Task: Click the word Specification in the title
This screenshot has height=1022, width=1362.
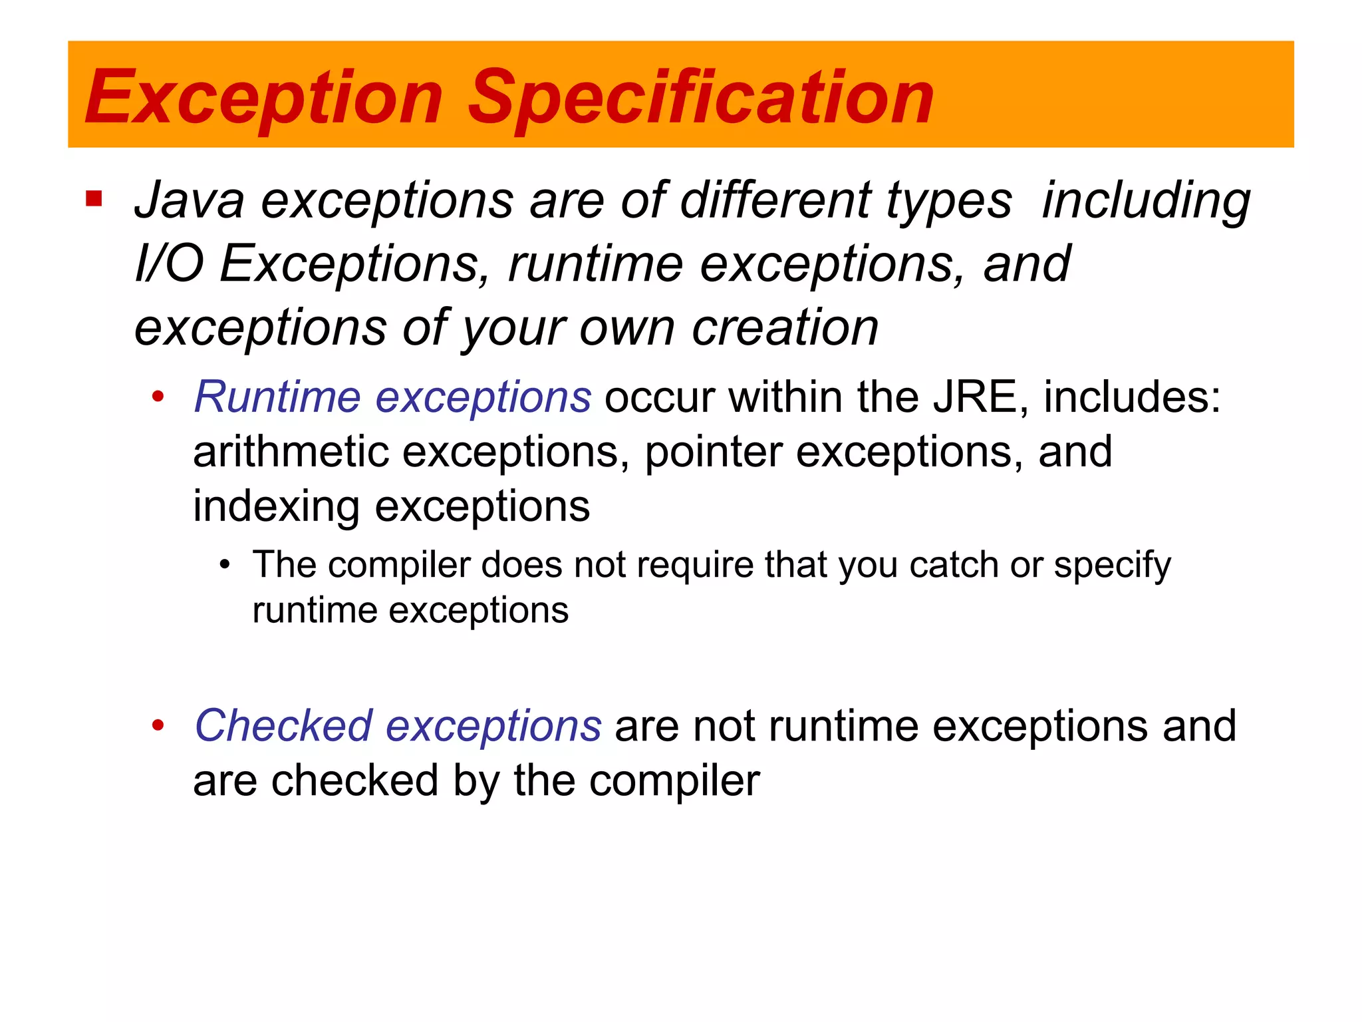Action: [x=701, y=98]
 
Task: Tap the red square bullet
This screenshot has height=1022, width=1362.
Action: [x=94, y=199]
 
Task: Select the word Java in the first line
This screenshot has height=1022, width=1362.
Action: [x=190, y=200]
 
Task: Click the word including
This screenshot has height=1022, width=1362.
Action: [x=1146, y=200]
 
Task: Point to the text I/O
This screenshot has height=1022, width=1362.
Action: [x=169, y=263]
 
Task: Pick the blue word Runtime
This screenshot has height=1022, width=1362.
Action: [x=277, y=397]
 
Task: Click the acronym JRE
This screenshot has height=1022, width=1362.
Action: [x=975, y=397]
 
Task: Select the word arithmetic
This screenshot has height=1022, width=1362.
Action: [x=291, y=452]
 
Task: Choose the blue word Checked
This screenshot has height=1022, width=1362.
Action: [x=283, y=725]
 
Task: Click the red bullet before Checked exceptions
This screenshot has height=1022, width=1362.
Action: [x=158, y=725]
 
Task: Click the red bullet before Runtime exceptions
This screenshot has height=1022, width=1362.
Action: [x=158, y=397]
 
